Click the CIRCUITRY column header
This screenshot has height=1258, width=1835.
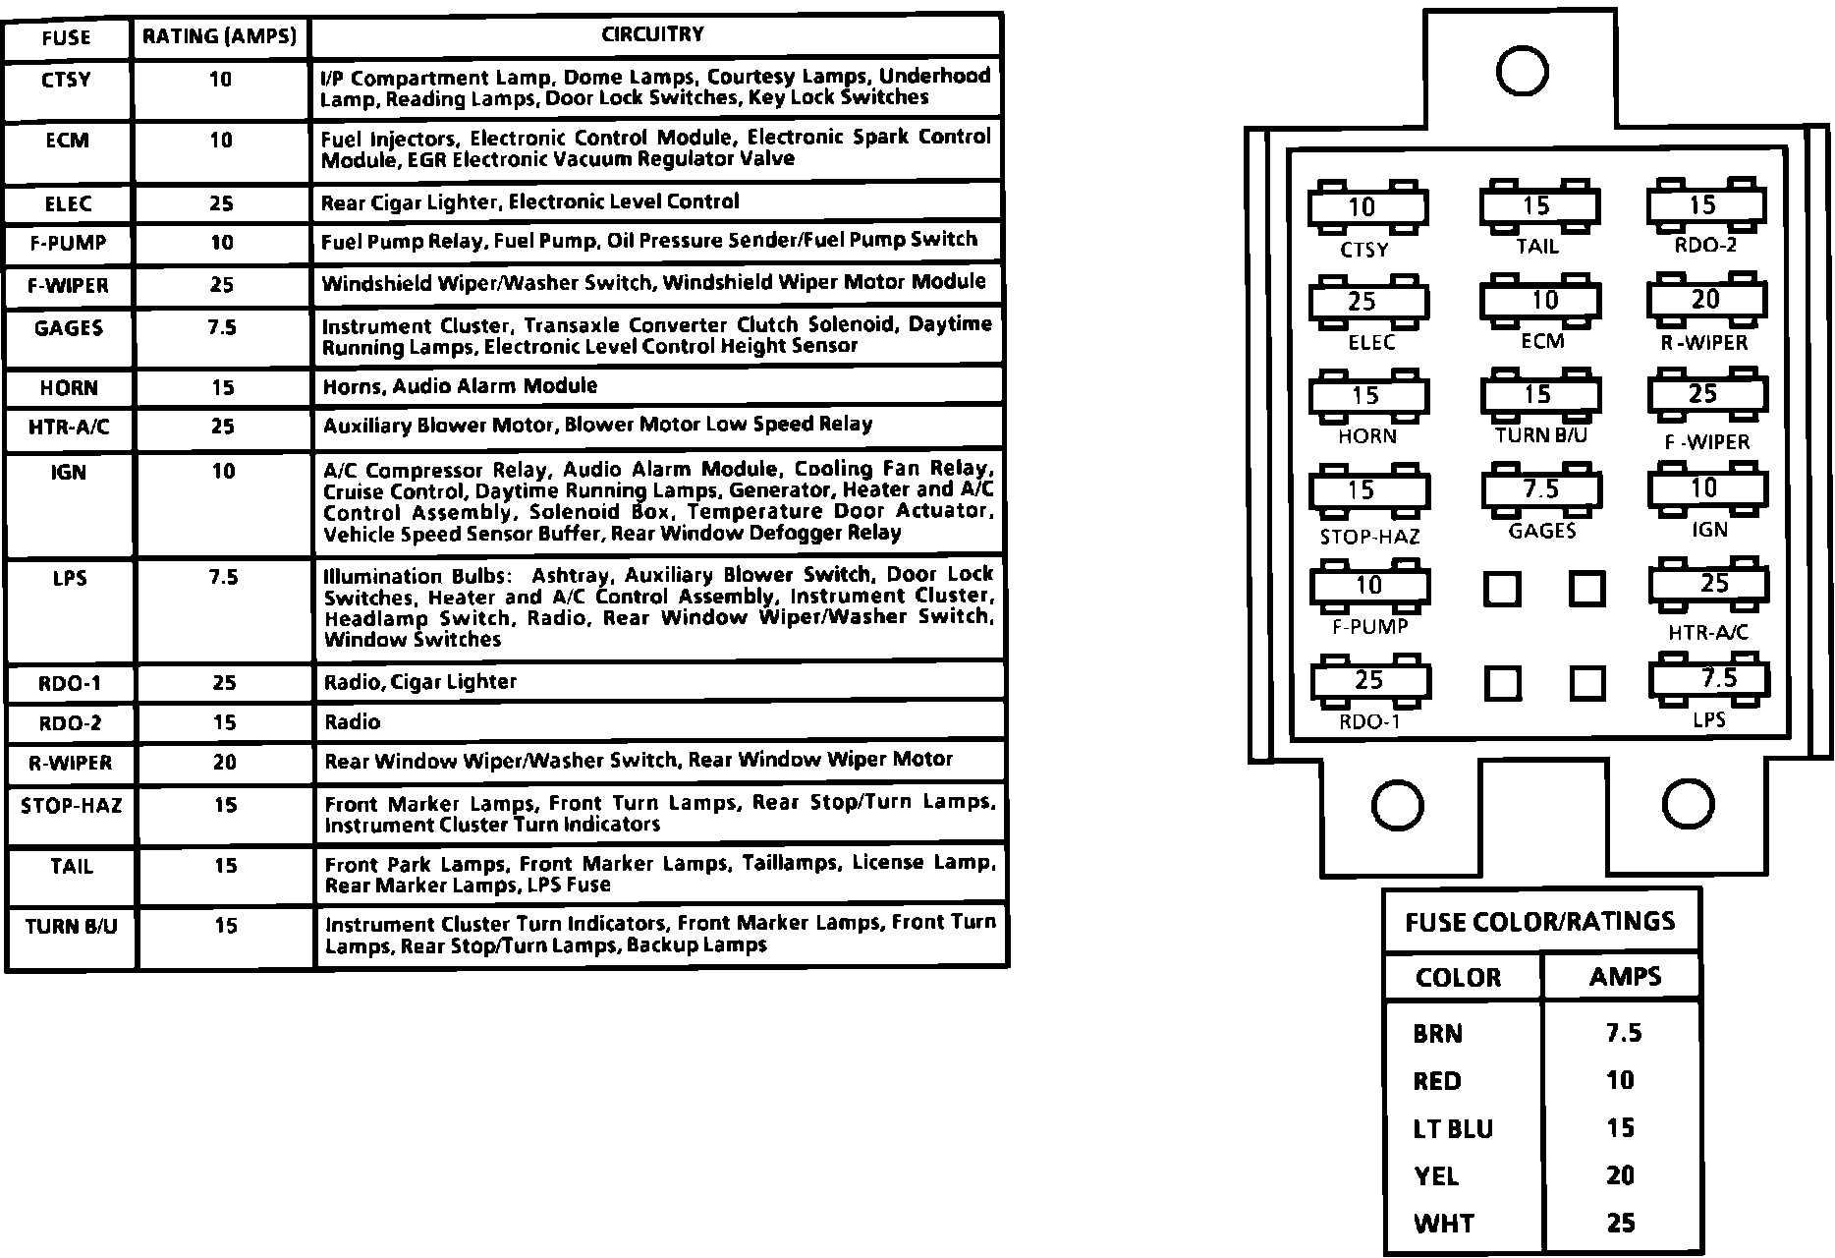point(653,34)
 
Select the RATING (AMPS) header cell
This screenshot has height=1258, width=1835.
point(219,37)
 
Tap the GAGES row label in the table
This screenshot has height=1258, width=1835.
point(69,328)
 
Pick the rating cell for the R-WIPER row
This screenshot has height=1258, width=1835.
point(225,763)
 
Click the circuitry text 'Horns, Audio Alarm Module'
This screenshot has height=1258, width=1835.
point(460,386)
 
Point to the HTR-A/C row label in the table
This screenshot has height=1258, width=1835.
point(69,427)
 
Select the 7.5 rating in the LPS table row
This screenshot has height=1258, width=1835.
point(224,577)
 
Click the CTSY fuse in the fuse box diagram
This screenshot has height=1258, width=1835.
point(1367,207)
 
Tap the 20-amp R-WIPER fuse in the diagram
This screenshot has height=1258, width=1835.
point(1705,300)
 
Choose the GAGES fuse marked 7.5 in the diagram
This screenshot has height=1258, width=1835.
point(1540,489)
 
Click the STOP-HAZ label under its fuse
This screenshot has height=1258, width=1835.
point(1369,537)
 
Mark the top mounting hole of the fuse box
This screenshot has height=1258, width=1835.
point(1522,71)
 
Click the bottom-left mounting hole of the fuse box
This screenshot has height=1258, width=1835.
point(1395,805)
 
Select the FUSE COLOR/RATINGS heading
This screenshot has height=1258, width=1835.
point(1539,922)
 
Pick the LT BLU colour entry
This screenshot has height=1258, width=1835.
point(1452,1129)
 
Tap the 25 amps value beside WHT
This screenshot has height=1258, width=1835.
point(1621,1223)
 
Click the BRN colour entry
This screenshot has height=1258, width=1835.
point(1437,1034)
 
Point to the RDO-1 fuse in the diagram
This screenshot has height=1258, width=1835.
point(1367,680)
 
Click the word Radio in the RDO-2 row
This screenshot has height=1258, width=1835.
point(353,722)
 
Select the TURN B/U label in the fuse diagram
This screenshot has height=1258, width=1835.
point(1540,434)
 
